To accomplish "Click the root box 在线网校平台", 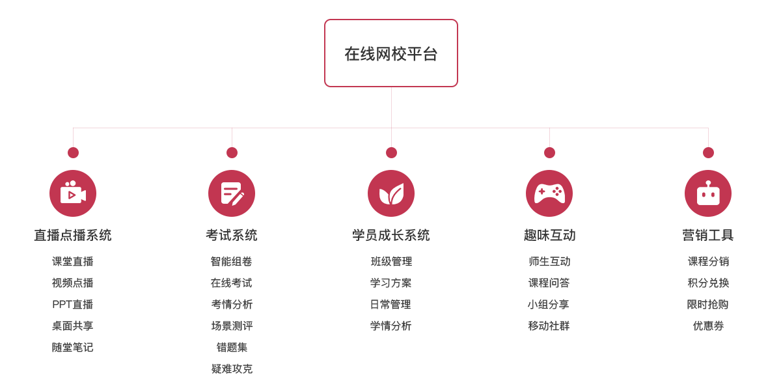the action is [x=391, y=53].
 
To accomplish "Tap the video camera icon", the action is [x=73, y=193].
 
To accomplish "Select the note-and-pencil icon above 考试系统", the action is [x=232, y=193].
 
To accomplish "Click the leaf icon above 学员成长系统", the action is [x=391, y=193].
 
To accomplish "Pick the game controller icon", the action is [x=549, y=193].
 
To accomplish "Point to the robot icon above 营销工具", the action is [x=708, y=193].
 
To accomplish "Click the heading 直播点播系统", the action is [x=73, y=235].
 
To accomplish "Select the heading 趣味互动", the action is [x=549, y=235].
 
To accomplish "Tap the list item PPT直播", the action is [x=72, y=304].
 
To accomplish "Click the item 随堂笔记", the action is [x=72, y=347].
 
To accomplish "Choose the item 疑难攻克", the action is [x=232, y=369].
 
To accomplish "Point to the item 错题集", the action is [x=232, y=347].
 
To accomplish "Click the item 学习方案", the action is [x=391, y=283].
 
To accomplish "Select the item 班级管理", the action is [x=391, y=261].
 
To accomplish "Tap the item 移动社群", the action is [x=549, y=326].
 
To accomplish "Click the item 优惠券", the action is [x=708, y=326].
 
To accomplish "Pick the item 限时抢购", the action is [x=708, y=304].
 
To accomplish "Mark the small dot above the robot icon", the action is [x=708, y=152].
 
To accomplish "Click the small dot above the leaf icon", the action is [x=391, y=152].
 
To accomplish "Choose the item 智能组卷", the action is [x=231, y=261].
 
